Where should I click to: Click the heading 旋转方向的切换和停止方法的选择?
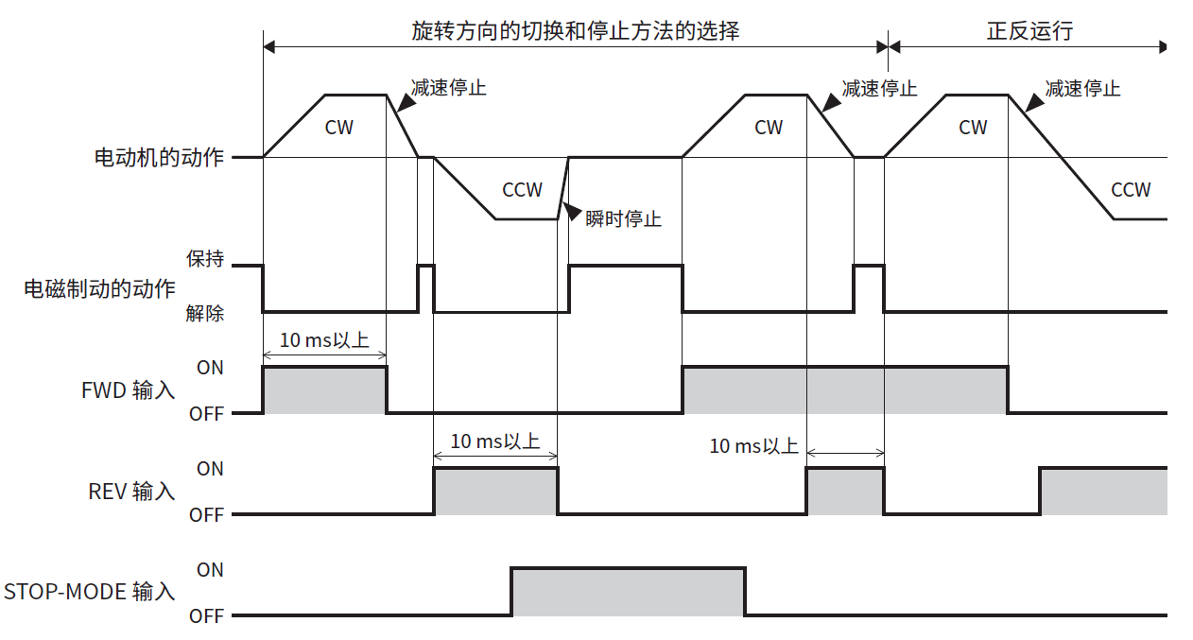click(x=575, y=30)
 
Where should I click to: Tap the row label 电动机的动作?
click(x=159, y=157)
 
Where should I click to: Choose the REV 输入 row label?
click(x=131, y=492)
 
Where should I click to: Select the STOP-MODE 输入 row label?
click(x=90, y=592)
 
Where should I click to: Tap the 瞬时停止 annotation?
click(x=623, y=219)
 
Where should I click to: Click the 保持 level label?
click(x=205, y=259)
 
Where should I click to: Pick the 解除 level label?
click(x=205, y=313)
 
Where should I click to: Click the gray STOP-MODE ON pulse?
click(x=628, y=592)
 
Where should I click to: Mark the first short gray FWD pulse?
click(x=324, y=389)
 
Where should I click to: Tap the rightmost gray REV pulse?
click(x=1102, y=491)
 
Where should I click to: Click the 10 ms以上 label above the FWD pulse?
click(x=324, y=340)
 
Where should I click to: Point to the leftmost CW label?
click(x=338, y=127)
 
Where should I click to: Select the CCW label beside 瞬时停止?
click(x=522, y=190)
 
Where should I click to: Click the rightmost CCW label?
click(x=1130, y=190)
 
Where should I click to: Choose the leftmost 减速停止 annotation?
click(x=449, y=88)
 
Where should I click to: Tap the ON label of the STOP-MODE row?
click(x=210, y=570)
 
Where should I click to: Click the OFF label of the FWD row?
click(x=206, y=414)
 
